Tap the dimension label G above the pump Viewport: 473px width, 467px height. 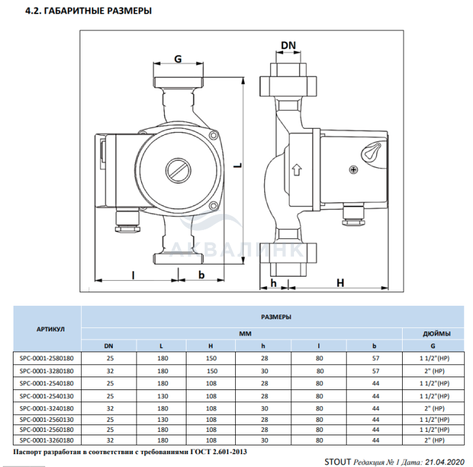coord(178,59)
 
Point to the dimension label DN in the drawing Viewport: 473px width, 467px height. coord(289,46)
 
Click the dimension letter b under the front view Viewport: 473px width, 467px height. coord(201,275)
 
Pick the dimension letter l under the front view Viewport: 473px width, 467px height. coord(132,275)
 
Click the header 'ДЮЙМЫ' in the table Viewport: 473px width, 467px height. coord(432,333)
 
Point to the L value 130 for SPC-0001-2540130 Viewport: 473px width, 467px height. coord(162,395)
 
